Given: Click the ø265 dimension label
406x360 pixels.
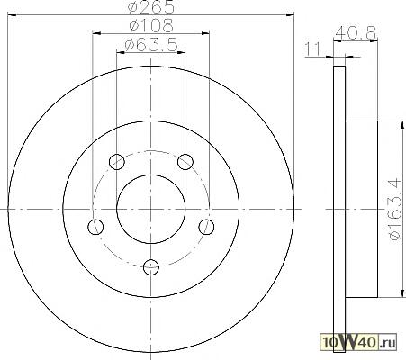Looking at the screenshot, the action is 150,7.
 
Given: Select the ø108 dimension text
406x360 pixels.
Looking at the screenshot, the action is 151,25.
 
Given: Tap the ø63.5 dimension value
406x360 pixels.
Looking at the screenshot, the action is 151,45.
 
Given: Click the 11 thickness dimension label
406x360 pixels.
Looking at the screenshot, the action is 313,49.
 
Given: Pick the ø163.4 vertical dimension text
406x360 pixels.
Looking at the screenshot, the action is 395,209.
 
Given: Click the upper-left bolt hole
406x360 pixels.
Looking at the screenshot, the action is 116,162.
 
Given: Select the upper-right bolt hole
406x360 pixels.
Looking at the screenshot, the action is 185,162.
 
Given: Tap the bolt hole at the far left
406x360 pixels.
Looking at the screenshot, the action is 95,227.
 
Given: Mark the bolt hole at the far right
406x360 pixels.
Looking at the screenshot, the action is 206,227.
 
